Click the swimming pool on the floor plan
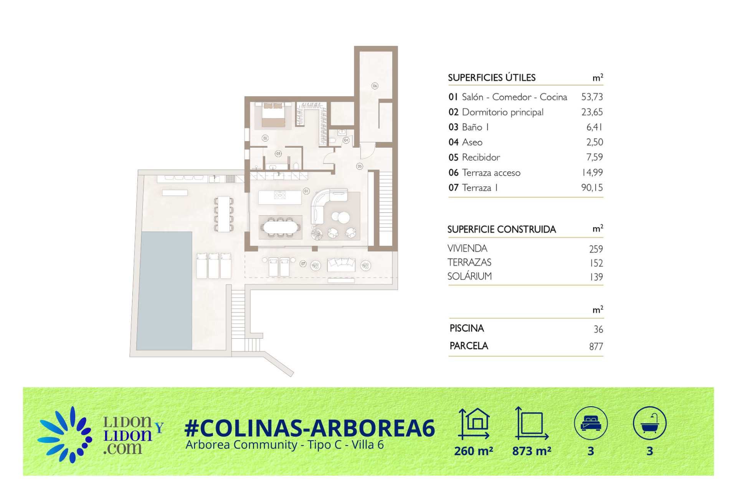[x=164, y=290]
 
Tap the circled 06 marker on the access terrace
[x=375, y=86]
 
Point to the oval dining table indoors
[x=281, y=227]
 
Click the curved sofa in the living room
[x=324, y=203]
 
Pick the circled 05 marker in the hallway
[x=359, y=166]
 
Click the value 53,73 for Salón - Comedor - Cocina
[x=592, y=97]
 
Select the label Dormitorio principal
[x=502, y=112]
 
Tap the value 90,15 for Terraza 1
[x=592, y=188]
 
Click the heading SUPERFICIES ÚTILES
[x=492, y=77]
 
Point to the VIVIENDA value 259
[x=596, y=249]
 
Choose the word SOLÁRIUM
[x=469, y=276]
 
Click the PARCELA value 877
[x=596, y=346]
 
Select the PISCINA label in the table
[x=467, y=328]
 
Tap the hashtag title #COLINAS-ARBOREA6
[x=310, y=428]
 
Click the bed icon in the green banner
[x=591, y=423]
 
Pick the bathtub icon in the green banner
[x=649, y=423]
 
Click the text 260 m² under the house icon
[x=474, y=451]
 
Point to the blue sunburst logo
[x=65, y=435]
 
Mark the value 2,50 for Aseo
[x=595, y=142]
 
